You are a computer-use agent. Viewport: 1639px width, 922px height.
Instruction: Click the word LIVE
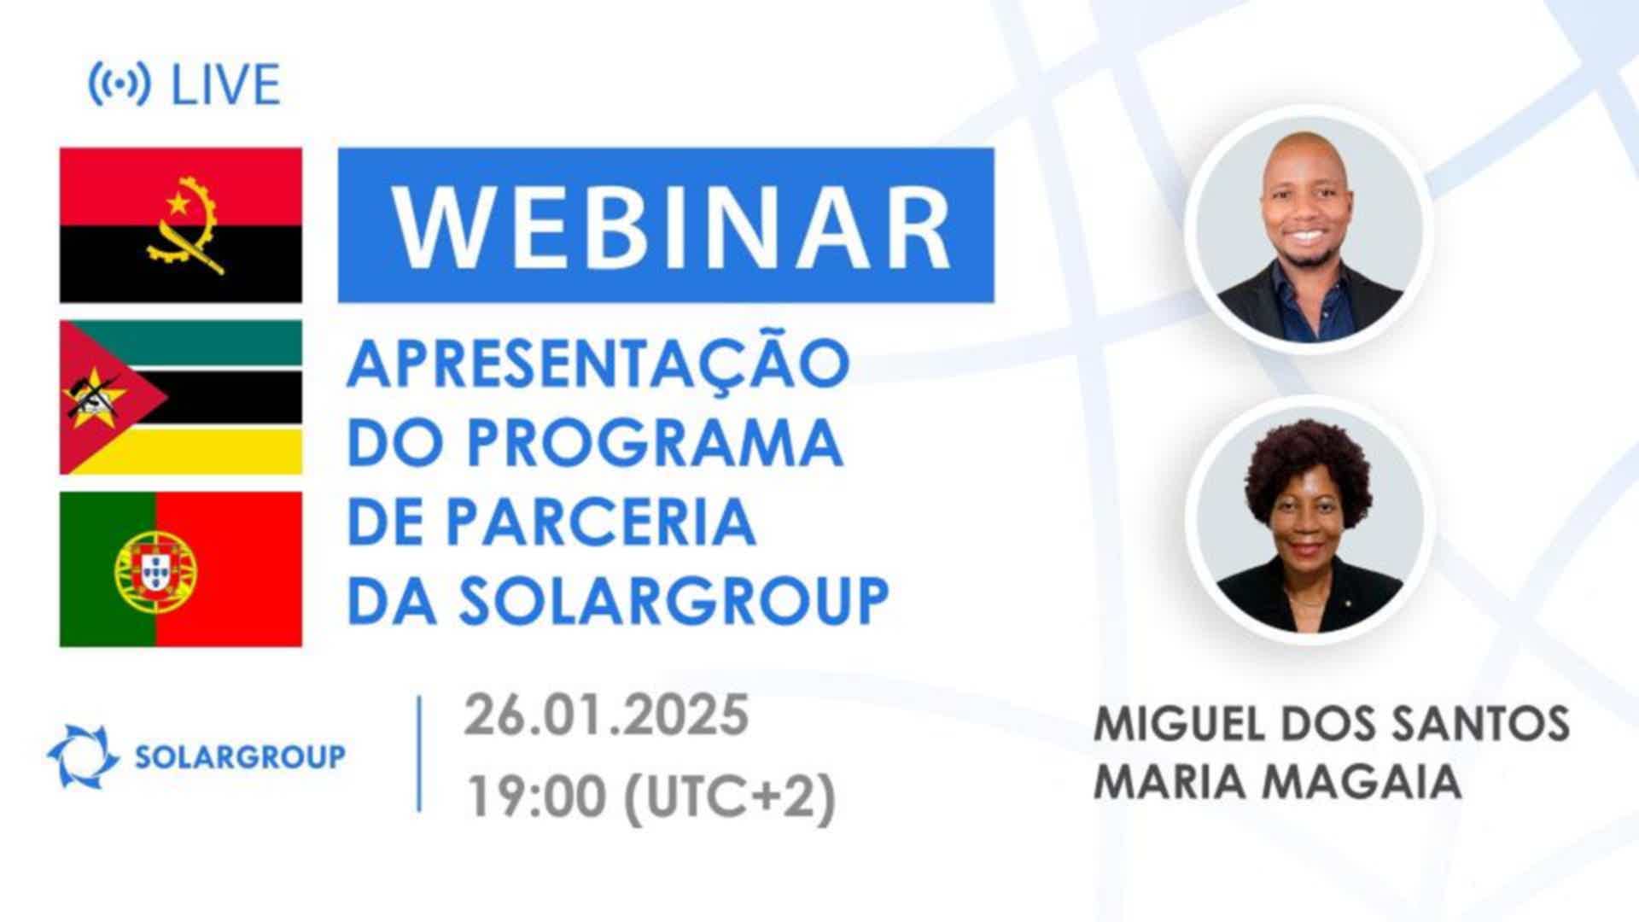226,85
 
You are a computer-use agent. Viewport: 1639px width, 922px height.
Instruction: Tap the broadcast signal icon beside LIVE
120,85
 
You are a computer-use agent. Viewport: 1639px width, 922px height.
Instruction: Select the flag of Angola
181,225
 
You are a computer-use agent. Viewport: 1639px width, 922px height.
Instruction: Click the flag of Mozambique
181,398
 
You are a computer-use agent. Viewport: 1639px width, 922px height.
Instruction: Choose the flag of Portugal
181,569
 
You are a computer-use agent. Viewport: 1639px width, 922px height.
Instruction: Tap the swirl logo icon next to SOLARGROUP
83,756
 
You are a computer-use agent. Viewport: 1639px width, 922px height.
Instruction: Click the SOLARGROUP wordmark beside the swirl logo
241,756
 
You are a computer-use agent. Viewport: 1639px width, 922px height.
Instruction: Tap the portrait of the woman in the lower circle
1309,520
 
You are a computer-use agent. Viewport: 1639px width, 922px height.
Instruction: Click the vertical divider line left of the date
419,753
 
